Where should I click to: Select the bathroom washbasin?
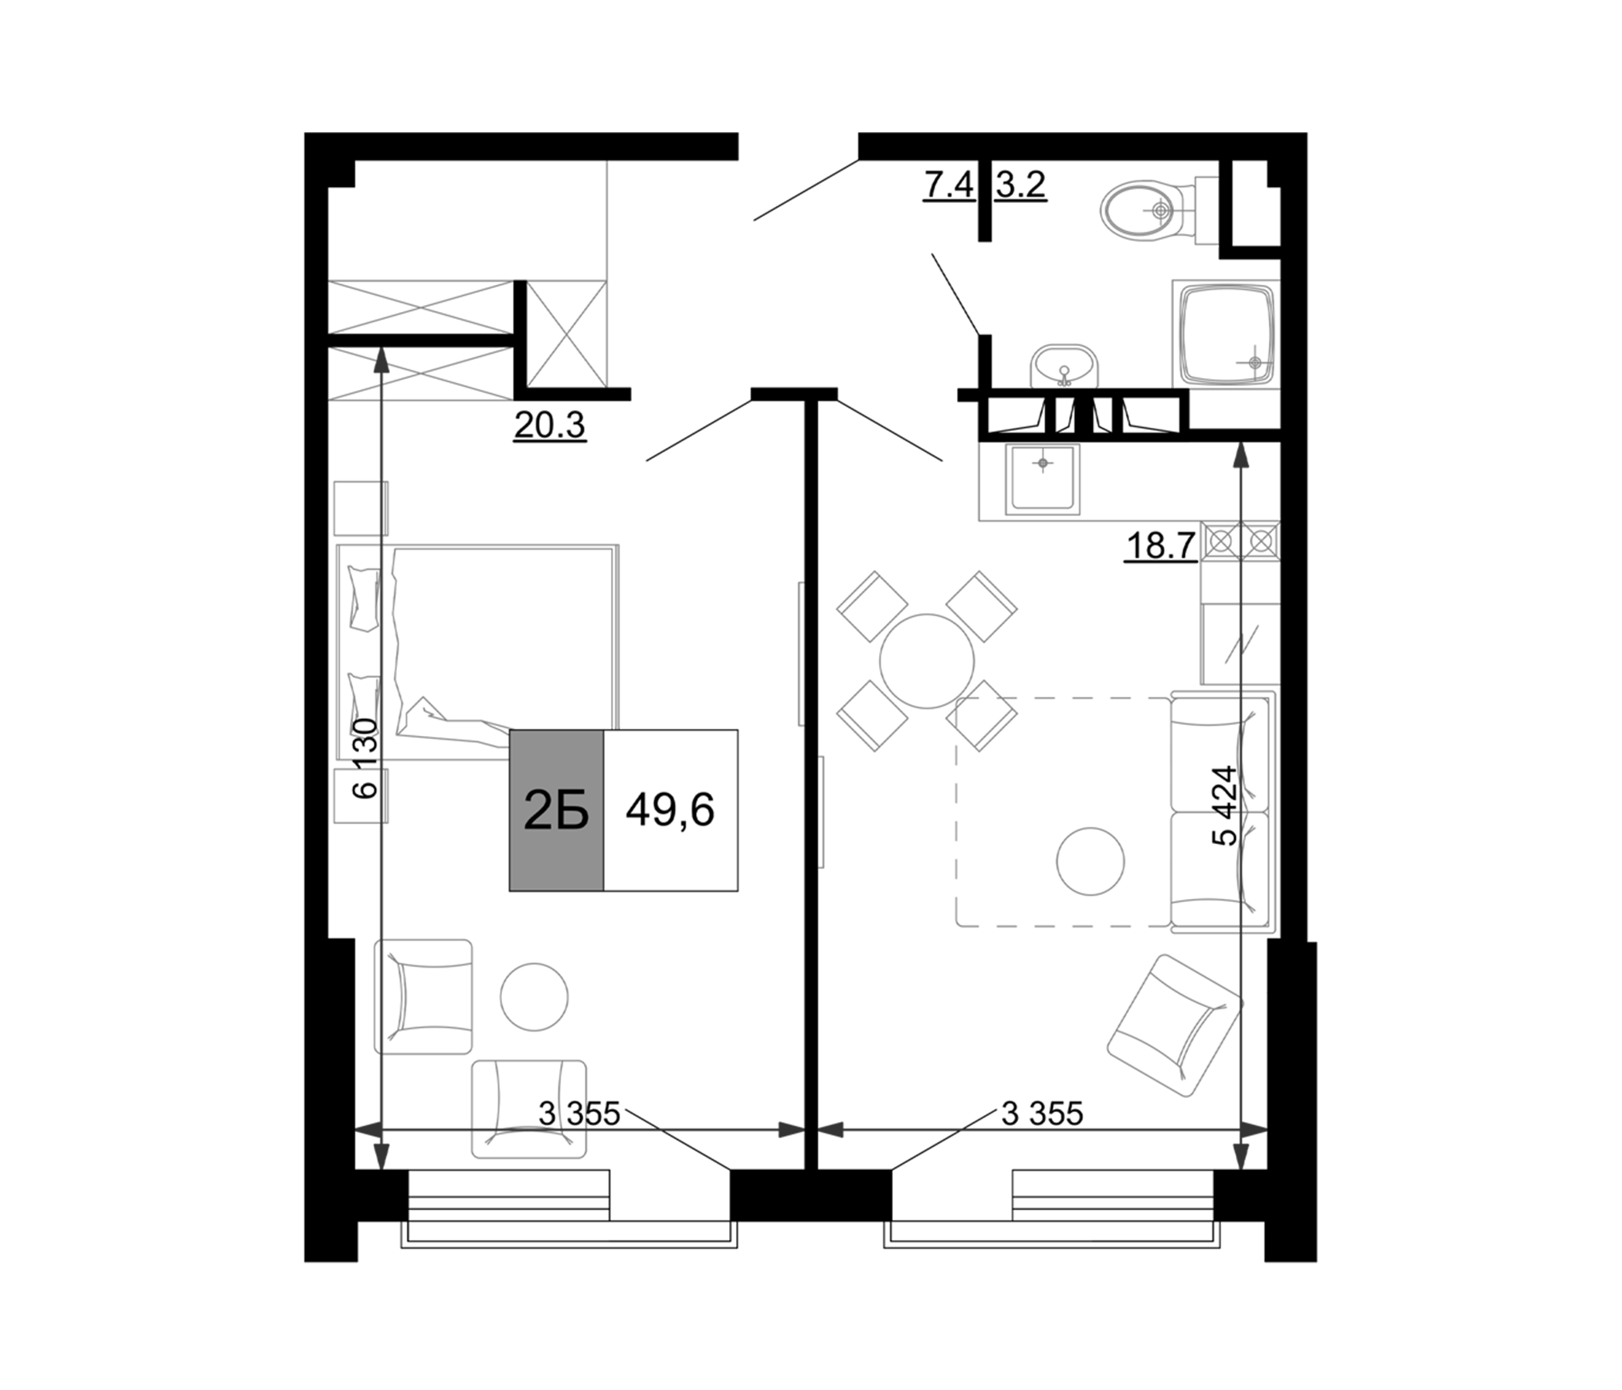coord(1064,366)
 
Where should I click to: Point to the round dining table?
coord(927,661)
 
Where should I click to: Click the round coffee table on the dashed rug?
coord(1091,861)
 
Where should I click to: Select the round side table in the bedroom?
coord(534,996)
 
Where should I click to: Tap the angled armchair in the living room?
coord(1175,1026)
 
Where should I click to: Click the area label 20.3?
coord(549,425)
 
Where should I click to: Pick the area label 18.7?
coord(1161,545)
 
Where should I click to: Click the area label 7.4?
coord(948,186)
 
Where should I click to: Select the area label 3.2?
coord(1021,186)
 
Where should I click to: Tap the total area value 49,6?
coord(670,810)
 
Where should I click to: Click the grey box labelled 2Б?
coord(556,811)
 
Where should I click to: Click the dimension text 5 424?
coord(1224,805)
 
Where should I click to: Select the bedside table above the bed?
coord(361,509)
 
